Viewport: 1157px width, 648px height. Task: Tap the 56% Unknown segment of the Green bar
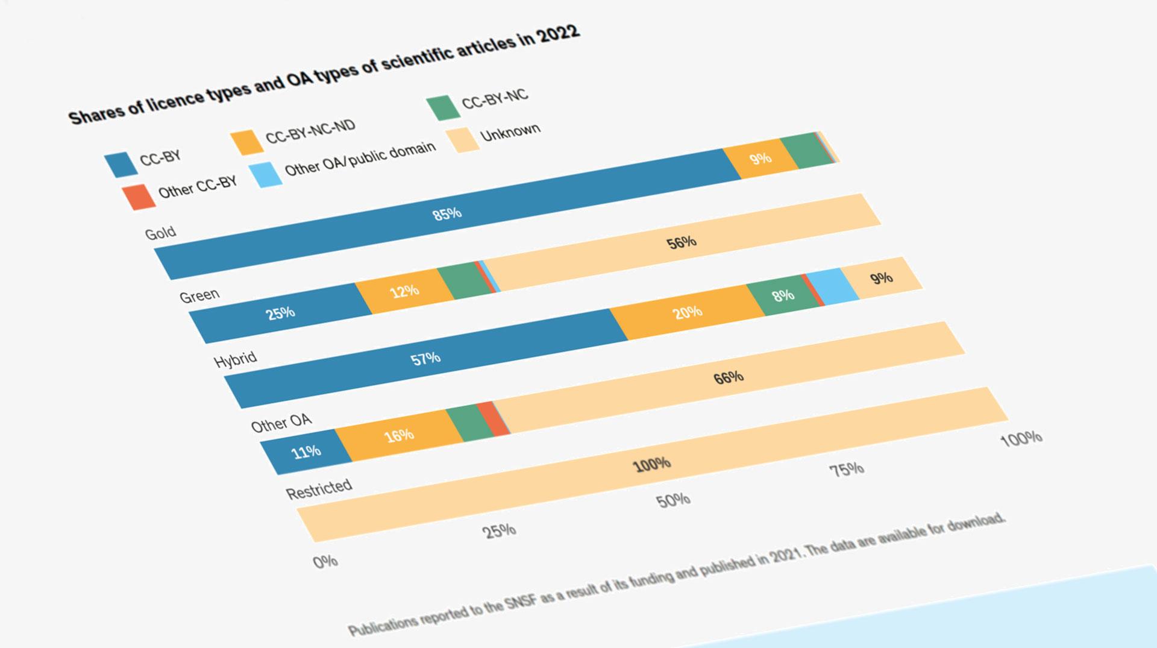[x=682, y=243]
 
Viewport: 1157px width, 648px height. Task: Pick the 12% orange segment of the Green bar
[x=404, y=292]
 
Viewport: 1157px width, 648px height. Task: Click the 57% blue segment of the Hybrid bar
[x=425, y=359]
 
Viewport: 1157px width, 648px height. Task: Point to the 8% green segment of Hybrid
[x=783, y=295]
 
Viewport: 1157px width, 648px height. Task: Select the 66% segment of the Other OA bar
[x=729, y=378]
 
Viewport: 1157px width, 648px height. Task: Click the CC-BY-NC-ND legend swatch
[x=247, y=142]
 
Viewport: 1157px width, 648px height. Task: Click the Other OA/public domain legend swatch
[x=266, y=174]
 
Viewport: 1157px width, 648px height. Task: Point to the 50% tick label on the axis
[x=673, y=500]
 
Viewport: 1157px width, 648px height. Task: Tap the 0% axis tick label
[x=325, y=562]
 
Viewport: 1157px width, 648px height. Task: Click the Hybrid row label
[x=235, y=360]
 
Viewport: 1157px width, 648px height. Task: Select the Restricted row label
[x=319, y=489]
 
